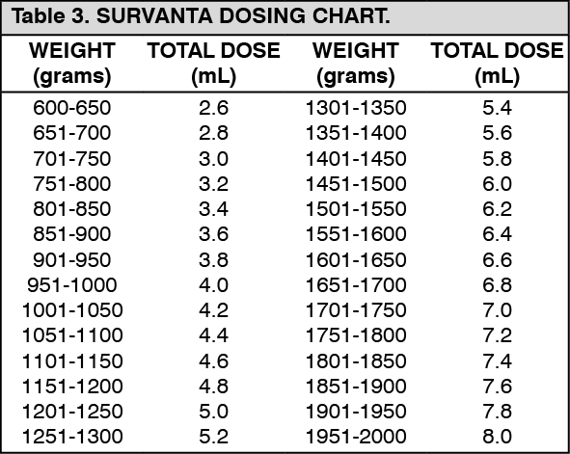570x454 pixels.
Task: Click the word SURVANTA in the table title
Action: [x=146, y=18]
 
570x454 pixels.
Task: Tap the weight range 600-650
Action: [x=72, y=107]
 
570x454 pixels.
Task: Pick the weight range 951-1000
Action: [x=72, y=284]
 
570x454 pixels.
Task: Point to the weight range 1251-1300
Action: [x=72, y=437]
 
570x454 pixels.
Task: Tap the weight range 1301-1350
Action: [x=356, y=107]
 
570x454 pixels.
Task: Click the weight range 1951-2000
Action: [x=356, y=437]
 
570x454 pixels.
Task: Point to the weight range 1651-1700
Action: [x=356, y=284]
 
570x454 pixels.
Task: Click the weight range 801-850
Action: [x=72, y=208]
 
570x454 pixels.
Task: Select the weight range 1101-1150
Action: [x=72, y=361]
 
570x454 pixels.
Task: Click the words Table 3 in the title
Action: [x=47, y=18]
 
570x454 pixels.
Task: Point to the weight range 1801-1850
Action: [x=356, y=361]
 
